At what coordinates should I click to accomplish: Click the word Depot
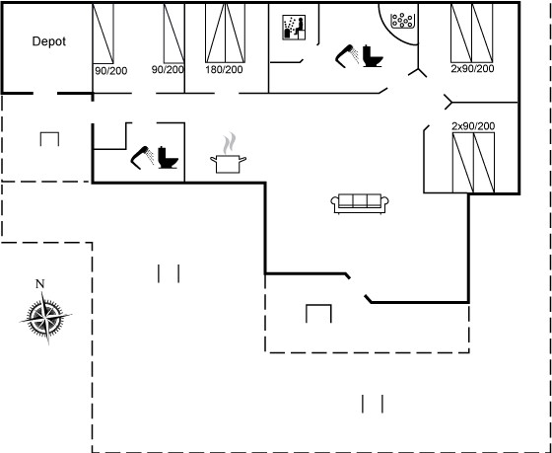[49, 41]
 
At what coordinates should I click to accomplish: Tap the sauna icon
[294, 28]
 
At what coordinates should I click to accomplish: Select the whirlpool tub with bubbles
[403, 20]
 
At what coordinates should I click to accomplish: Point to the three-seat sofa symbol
[360, 203]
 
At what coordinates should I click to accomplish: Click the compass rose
[45, 316]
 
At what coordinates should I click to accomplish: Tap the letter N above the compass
[40, 284]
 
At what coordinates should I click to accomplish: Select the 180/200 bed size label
[225, 69]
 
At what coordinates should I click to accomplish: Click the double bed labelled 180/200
[225, 34]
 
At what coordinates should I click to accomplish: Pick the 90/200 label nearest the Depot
[110, 71]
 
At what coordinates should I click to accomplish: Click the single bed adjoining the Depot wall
[103, 34]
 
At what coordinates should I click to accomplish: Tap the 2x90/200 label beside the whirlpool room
[472, 68]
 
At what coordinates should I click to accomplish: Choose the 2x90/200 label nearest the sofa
[473, 126]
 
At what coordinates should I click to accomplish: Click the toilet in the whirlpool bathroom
[373, 56]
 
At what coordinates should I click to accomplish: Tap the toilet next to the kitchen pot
[168, 157]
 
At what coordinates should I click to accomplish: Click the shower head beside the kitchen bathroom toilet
[143, 158]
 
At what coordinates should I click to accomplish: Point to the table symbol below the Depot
[49, 139]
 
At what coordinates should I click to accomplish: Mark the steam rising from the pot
[229, 143]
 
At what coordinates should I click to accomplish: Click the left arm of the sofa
[334, 202]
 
